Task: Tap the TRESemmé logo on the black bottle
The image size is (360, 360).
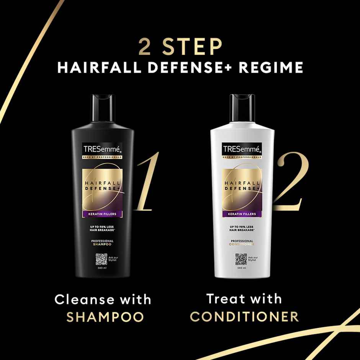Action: tap(102, 149)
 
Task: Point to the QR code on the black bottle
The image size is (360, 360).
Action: tap(101, 260)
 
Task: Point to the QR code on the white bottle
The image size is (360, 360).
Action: tap(241, 259)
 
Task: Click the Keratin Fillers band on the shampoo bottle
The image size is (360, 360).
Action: tap(102, 214)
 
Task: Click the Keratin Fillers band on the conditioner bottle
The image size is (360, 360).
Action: tap(242, 214)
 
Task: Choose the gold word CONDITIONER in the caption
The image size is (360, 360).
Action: tap(245, 317)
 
